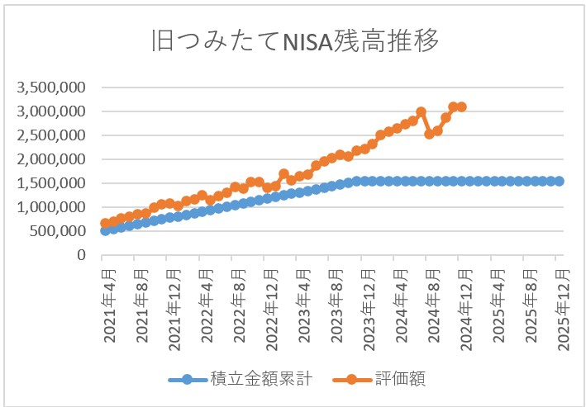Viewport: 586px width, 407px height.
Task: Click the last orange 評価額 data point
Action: tap(461, 106)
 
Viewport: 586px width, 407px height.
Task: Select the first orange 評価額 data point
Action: tap(105, 224)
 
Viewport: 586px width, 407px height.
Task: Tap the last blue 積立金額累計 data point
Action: tap(559, 181)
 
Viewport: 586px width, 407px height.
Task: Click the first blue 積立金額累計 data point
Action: tap(105, 230)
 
